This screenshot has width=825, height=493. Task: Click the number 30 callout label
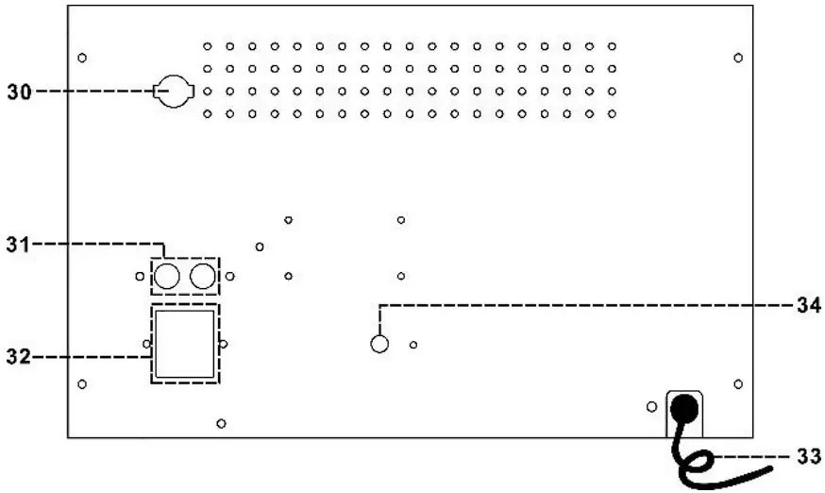pyautogui.click(x=19, y=92)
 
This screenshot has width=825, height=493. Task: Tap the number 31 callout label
pyautogui.click(x=18, y=245)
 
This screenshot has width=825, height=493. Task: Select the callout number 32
pyautogui.click(x=18, y=356)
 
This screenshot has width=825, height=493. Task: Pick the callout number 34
pyautogui.click(x=806, y=304)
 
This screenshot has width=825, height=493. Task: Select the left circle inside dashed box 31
pyautogui.click(x=168, y=276)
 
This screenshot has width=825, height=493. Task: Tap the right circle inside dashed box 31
pyautogui.click(x=202, y=276)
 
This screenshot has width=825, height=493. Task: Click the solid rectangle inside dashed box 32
pyautogui.click(x=185, y=344)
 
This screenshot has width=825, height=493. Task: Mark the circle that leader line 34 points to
pyautogui.click(x=379, y=345)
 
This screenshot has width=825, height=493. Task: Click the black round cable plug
pyautogui.click(x=684, y=409)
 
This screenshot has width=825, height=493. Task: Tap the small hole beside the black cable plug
pyautogui.click(x=651, y=406)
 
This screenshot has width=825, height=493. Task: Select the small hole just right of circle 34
pyautogui.click(x=413, y=345)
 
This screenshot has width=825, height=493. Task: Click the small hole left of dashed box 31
pyautogui.click(x=140, y=277)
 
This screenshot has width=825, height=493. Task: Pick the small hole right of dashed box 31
pyautogui.click(x=229, y=277)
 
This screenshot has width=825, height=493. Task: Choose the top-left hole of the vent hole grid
pyautogui.click(x=207, y=45)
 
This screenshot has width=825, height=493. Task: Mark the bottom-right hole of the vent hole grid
pyautogui.click(x=612, y=114)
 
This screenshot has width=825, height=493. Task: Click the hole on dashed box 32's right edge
pyautogui.click(x=222, y=344)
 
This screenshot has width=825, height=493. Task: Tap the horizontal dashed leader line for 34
pyautogui.click(x=585, y=304)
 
